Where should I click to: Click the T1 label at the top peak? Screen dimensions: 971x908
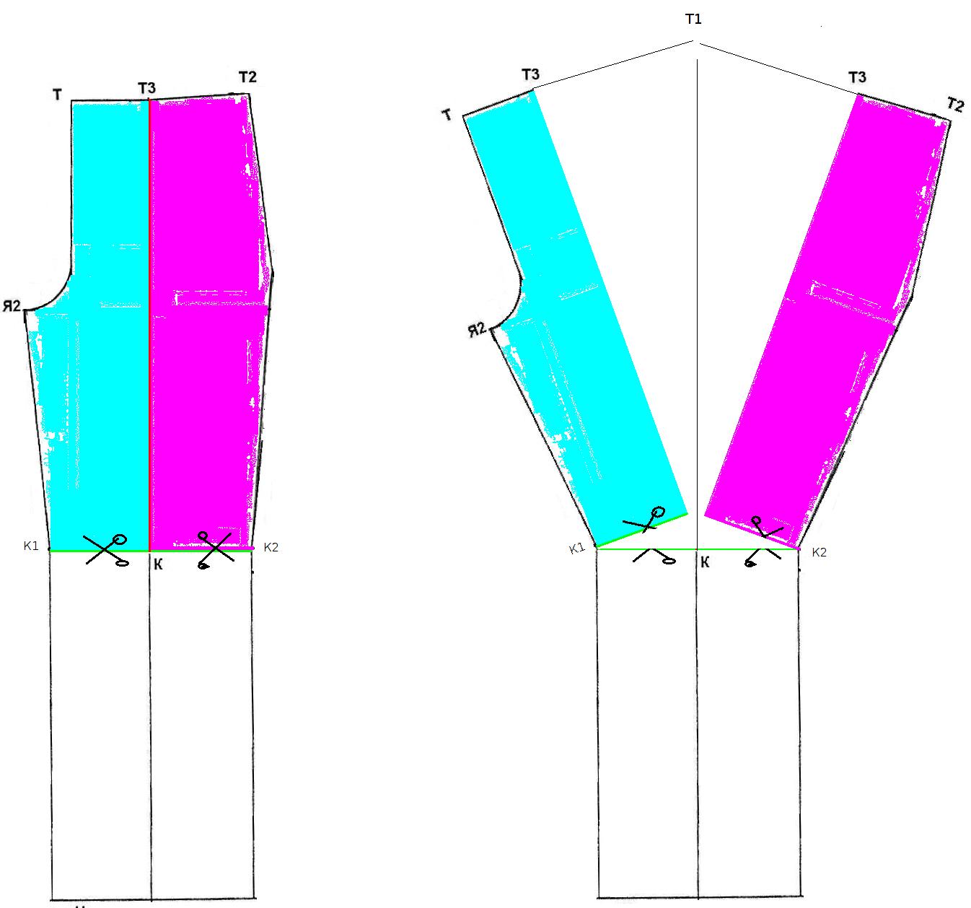pos(693,19)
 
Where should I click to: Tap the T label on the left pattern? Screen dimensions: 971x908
pos(57,95)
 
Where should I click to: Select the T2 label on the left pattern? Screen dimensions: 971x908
pos(247,77)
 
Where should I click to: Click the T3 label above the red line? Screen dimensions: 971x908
pos(146,88)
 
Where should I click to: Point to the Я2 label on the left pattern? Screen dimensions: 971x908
pos(12,306)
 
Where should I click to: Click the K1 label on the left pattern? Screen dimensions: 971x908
pos(31,546)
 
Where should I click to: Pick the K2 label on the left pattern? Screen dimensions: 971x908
pos(271,547)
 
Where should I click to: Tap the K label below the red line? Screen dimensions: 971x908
pos(158,564)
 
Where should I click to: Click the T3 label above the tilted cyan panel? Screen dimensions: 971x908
pos(530,74)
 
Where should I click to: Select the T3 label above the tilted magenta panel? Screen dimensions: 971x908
pos(857,77)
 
